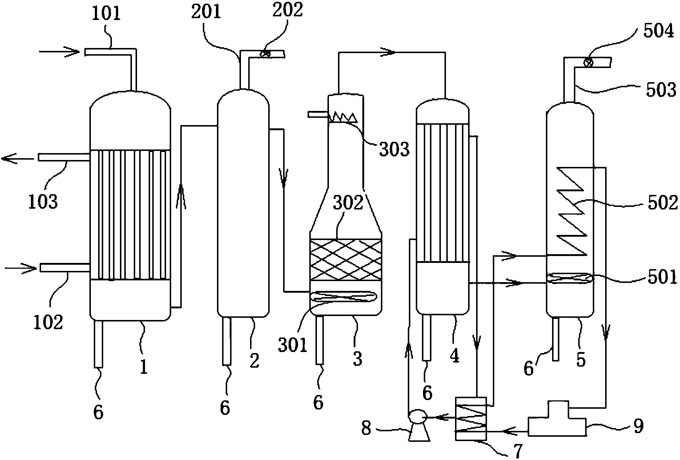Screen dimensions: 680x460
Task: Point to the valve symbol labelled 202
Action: tap(265, 54)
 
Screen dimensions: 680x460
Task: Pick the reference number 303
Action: tap(394, 149)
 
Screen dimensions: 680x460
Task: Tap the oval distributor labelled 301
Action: tap(345, 297)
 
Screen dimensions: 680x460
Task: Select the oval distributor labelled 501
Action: tap(570, 279)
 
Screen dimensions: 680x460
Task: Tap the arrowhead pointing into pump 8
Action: tap(438, 418)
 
